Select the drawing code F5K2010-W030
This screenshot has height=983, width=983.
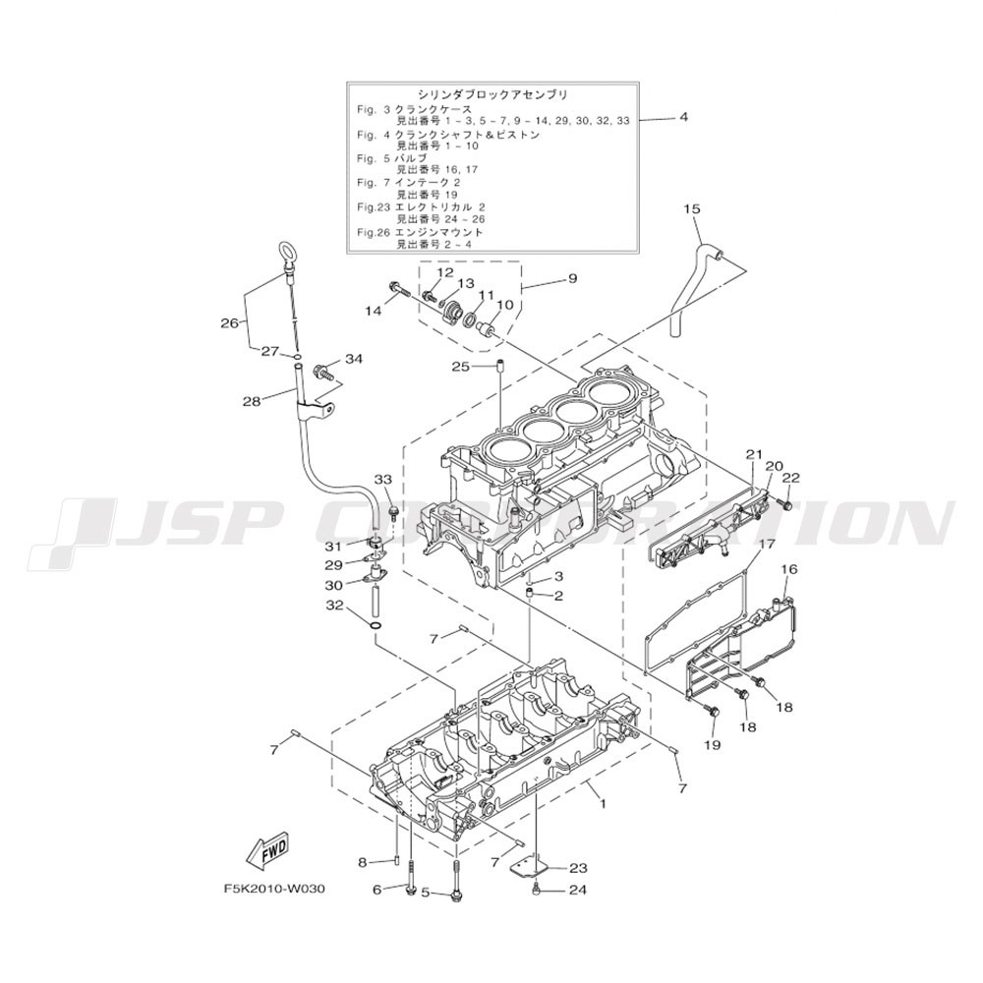274,890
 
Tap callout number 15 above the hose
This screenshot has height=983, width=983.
691,208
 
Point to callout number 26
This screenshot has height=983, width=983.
229,323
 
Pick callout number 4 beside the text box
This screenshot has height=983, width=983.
683,117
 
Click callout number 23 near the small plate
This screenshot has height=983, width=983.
578,868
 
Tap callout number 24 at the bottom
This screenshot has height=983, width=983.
578,890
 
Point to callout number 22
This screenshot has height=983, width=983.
791,478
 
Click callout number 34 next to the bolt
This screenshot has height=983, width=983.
354,359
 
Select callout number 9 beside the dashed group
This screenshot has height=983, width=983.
573,278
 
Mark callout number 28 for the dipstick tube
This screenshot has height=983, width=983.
252,401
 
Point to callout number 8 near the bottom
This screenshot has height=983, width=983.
362,863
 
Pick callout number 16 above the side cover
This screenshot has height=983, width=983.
789,569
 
